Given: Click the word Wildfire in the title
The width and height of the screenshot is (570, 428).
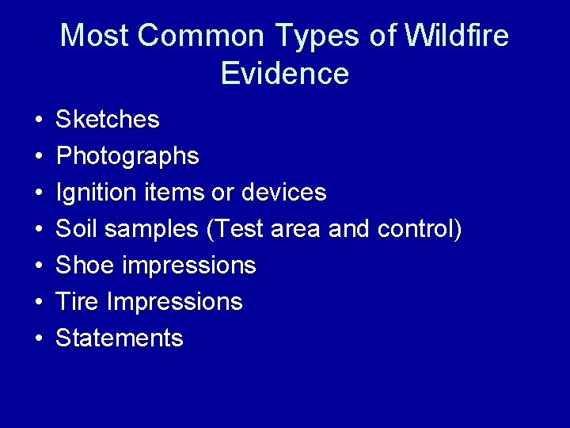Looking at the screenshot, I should point(456,36).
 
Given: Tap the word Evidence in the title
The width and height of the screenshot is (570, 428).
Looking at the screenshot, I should point(285,74).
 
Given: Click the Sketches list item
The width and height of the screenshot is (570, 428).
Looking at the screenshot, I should point(108,120).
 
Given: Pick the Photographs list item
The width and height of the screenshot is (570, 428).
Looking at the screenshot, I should point(127,157).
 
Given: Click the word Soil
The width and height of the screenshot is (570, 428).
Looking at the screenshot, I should point(77,229).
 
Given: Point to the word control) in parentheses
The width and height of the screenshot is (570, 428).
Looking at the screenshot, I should point(420,229).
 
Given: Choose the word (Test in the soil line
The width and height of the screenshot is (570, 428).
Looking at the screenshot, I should point(235,229).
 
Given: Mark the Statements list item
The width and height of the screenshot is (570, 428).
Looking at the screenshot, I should point(120,338).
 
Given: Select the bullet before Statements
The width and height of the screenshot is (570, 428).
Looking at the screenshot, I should point(38,339).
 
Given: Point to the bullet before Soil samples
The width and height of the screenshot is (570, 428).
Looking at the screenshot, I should point(38,230).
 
